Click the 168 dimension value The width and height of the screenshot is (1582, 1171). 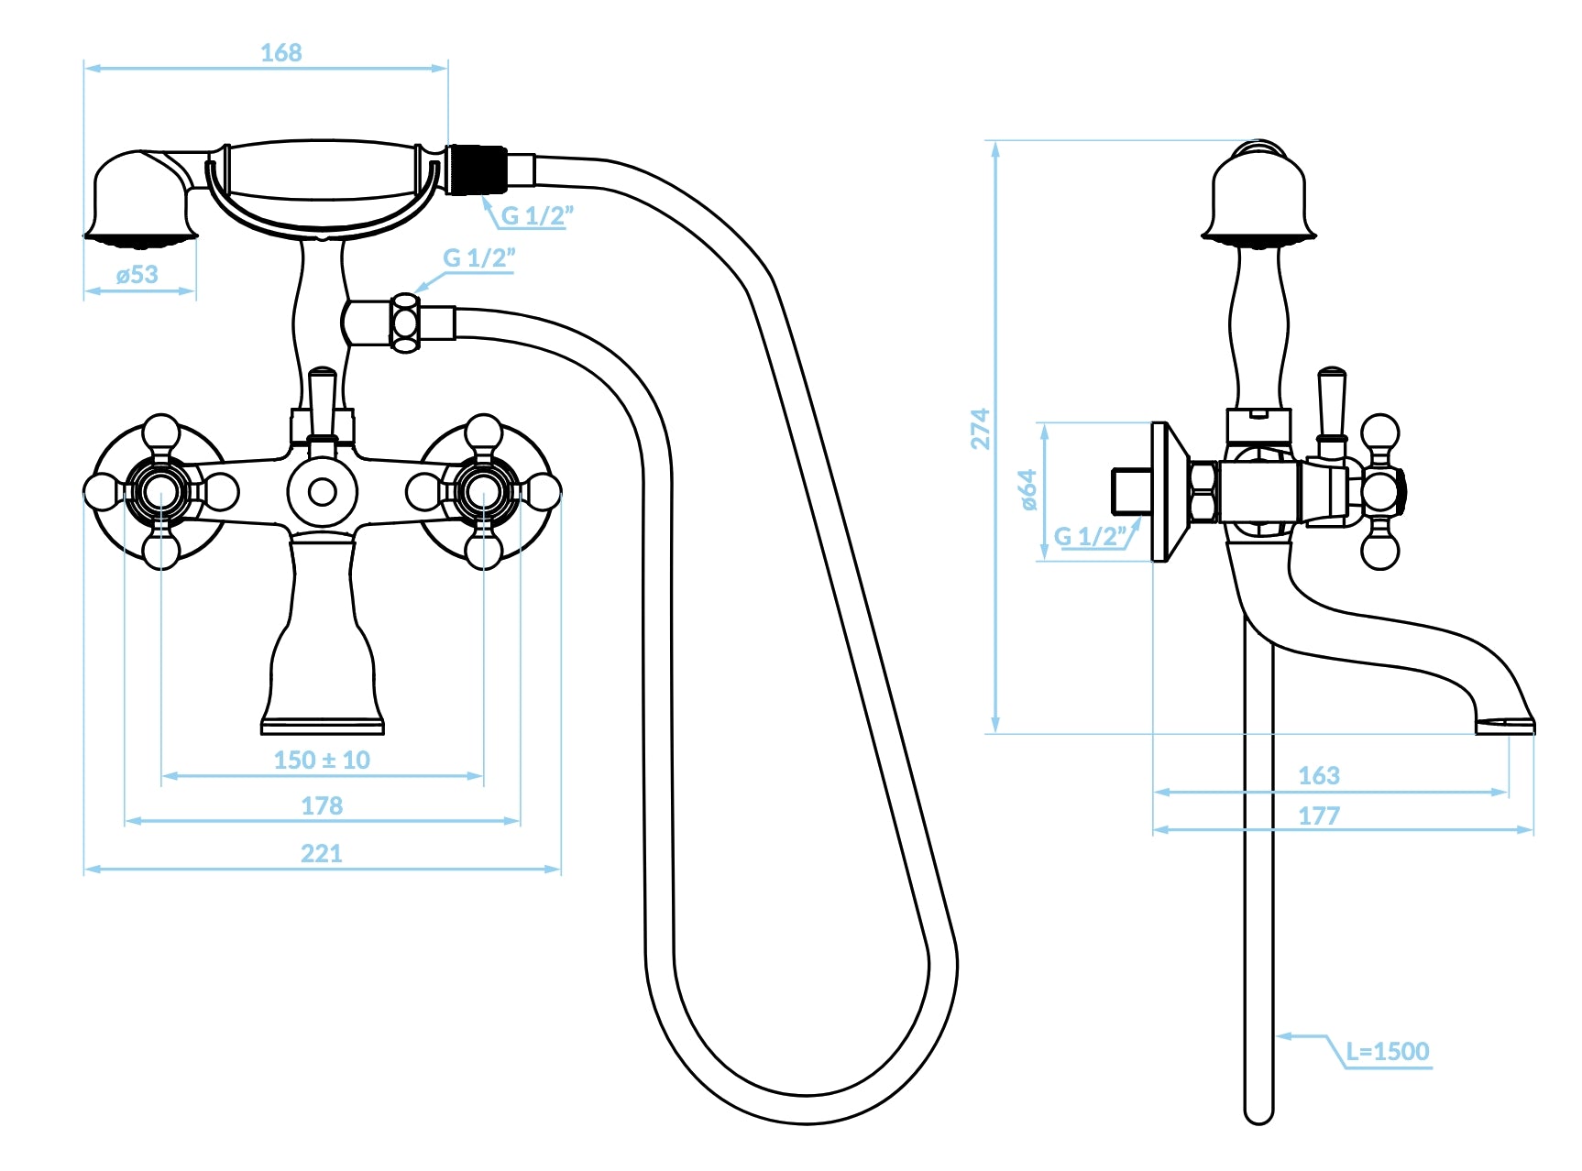tap(280, 53)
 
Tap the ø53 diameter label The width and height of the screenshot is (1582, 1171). tap(137, 274)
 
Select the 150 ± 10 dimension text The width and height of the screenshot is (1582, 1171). tap(322, 760)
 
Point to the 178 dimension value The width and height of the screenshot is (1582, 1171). tap(322, 805)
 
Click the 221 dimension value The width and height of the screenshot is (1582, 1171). tap(322, 853)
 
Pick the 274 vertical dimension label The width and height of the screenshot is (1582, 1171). tap(980, 429)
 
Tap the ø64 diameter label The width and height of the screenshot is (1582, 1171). tap(1028, 490)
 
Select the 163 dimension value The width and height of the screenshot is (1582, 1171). tap(1319, 775)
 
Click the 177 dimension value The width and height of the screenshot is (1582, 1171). tap(1319, 815)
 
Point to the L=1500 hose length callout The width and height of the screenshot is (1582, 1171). tap(1388, 1051)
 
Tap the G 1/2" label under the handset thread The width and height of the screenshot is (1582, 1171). tap(537, 215)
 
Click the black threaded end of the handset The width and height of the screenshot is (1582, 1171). tap(477, 170)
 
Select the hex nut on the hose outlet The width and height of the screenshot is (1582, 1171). tap(405, 323)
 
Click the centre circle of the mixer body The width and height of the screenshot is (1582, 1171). tap(323, 491)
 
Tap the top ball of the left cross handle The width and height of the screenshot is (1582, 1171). tap(161, 432)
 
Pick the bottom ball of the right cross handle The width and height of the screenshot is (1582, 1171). tap(483, 551)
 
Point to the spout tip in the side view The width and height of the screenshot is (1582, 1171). tap(1505, 723)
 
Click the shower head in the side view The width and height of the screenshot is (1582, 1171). tap(1259, 194)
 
